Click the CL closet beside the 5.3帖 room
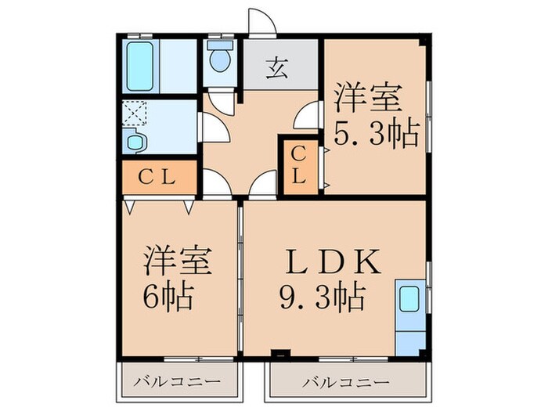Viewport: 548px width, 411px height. point(298,166)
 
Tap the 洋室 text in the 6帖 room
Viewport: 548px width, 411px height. point(176,261)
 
